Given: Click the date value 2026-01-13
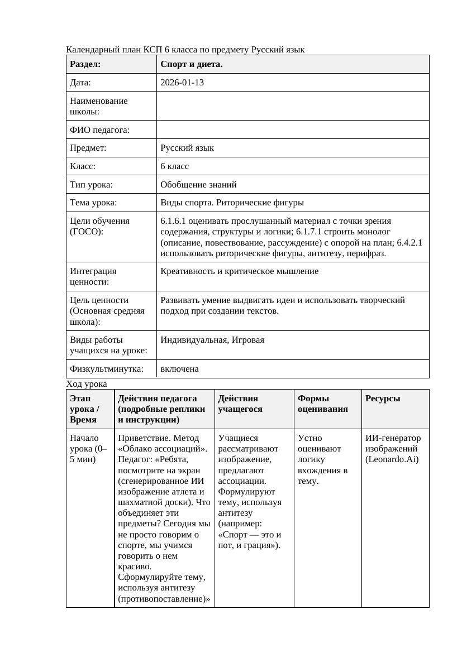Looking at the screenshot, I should (x=182, y=83).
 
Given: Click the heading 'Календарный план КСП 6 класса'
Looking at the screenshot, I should (x=185, y=50).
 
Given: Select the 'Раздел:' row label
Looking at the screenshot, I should (x=85, y=64).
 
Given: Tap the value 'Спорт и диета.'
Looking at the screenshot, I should (x=191, y=64).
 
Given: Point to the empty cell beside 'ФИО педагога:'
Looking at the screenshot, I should (x=293, y=130).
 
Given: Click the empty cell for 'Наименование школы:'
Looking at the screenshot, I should (x=293, y=106).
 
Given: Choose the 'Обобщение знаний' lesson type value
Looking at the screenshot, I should (x=198, y=184).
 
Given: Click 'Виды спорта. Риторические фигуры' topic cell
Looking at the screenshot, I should (x=232, y=203).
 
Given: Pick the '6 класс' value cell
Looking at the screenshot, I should (x=174, y=166).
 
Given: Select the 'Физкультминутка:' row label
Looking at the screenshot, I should (x=106, y=369).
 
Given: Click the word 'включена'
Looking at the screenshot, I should (x=179, y=369).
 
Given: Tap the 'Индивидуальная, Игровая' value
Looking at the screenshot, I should (x=212, y=340).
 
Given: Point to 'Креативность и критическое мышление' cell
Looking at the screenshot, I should (x=239, y=271).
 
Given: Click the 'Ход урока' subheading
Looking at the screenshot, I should (x=86, y=384).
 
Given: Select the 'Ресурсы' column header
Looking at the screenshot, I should (x=383, y=398).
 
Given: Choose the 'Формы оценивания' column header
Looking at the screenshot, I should (x=323, y=404).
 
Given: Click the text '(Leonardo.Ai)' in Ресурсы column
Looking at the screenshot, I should (x=392, y=459).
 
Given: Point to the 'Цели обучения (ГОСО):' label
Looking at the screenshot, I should (x=99, y=226).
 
